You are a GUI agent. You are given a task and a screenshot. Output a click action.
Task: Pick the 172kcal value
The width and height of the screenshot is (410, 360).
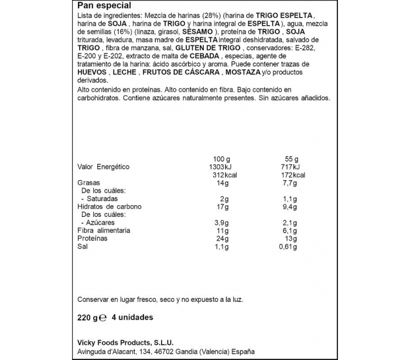tap(291, 175)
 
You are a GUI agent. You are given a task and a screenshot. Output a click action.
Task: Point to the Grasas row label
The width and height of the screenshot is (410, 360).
tap(90, 183)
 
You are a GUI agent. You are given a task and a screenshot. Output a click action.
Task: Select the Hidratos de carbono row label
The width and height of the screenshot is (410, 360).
tap(110, 206)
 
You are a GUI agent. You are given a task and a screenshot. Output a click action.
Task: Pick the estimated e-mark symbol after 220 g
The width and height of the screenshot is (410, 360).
tap(102, 318)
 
